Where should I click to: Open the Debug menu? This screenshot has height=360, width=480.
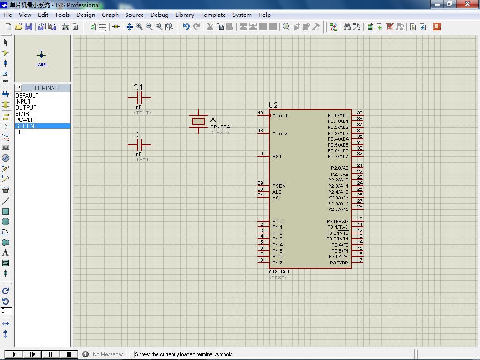coord(159,15)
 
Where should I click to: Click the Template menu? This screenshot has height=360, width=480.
coord(213,15)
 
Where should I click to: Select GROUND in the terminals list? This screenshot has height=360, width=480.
coord(27,126)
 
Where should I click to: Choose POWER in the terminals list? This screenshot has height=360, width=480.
coord(25,120)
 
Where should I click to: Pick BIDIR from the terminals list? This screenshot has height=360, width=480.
coord(22,113)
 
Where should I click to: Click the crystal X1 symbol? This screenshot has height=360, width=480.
coord(198,121)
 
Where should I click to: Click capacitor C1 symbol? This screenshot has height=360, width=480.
coord(139,98)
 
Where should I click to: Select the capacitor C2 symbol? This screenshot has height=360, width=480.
coord(139,145)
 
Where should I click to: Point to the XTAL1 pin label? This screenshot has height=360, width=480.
coord(280,115)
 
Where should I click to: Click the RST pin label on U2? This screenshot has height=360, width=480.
coord(277,156)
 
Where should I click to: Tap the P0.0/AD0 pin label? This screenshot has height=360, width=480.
coord(338,115)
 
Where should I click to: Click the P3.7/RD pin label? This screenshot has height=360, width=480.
coord(339,262)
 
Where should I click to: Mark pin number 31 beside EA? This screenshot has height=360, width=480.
coord(260,195)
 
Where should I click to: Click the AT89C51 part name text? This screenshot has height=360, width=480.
coord(279,271)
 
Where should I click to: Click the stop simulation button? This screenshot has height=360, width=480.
coord(69,354)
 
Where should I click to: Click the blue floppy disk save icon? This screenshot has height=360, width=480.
coord(29,27)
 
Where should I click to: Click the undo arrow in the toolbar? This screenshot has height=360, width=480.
coord(186,27)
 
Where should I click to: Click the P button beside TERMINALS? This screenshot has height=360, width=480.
coord(18,88)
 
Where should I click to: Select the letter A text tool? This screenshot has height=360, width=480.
coord(6,253)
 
